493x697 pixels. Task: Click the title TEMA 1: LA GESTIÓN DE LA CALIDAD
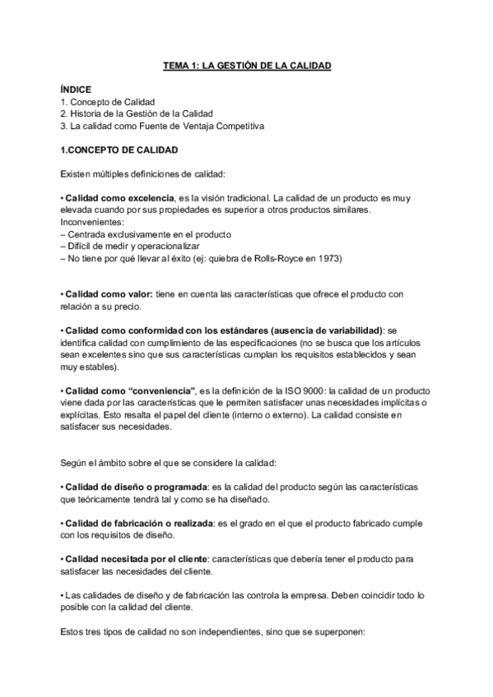pyautogui.click(x=246, y=65)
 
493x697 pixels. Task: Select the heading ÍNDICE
pyautogui.click(x=76, y=89)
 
